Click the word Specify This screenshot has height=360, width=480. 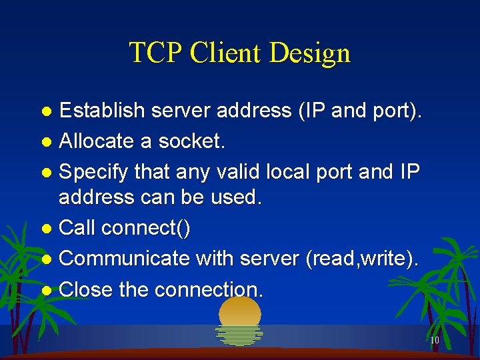94,172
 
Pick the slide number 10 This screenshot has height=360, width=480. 434,340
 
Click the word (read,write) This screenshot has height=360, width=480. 363,259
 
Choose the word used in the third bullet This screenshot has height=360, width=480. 239,198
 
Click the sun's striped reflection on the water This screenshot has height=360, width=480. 239,335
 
